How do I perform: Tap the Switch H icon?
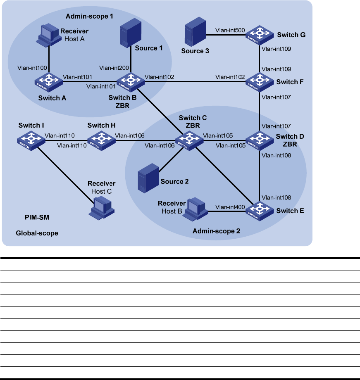point(100,139)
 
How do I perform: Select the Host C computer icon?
point(101,206)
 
